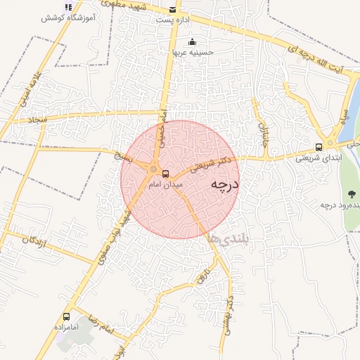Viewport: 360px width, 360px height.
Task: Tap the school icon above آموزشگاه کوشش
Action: [68, 7]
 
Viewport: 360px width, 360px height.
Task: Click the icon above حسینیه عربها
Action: [192, 41]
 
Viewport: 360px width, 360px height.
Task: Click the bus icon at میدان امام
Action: [166, 173]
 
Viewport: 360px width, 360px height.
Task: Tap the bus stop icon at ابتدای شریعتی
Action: [319, 148]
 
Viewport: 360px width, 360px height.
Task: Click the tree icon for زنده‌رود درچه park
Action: [351, 193]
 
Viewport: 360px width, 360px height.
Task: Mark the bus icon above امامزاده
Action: [66, 316]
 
